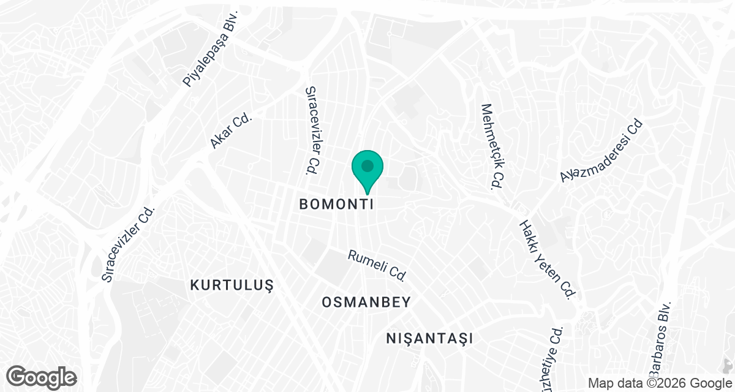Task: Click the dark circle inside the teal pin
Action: click(367, 166)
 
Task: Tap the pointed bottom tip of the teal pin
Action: click(367, 195)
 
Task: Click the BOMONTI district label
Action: click(336, 205)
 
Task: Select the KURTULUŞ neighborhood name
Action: click(230, 285)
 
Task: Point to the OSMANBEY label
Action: click(366, 302)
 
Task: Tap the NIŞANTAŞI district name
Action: click(431, 337)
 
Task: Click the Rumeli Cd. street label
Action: click(377, 265)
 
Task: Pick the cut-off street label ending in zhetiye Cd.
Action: click(555, 355)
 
